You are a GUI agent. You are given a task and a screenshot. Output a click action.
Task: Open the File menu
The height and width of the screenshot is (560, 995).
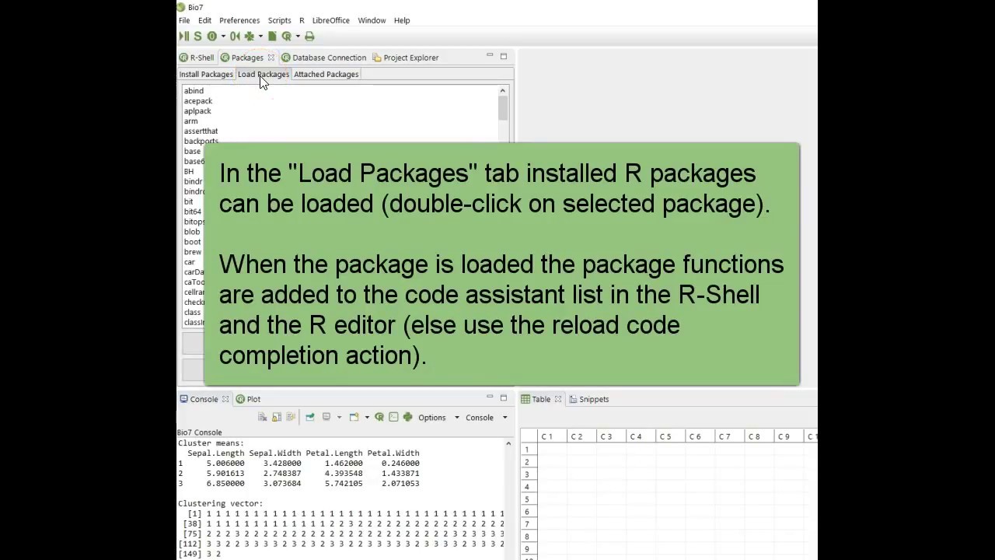tap(184, 20)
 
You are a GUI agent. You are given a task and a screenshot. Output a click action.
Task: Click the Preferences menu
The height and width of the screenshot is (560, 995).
tap(239, 20)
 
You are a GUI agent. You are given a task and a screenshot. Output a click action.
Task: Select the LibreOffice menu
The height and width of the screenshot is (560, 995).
tap(330, 20)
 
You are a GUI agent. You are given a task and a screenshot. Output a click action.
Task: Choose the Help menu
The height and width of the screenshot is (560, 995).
tap(402, 20)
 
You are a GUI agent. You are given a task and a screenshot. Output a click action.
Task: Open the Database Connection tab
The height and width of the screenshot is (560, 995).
tap(329, 58)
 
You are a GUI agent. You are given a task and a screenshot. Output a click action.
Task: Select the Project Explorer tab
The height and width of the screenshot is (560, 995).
tap(410, 58)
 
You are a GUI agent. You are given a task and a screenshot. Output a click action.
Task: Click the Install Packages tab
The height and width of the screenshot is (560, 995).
tap(206, 75)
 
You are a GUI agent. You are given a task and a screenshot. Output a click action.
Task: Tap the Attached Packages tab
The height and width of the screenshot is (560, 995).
tap(326, 75)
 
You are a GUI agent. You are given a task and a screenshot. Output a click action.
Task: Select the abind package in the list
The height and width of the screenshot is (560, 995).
tap(194, 91)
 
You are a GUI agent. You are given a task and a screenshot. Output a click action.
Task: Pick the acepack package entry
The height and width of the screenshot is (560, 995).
tap(198, 101)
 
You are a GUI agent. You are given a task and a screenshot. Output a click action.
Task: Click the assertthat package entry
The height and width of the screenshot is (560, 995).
tap(201, 131)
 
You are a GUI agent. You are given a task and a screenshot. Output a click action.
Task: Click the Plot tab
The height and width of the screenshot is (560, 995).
tap(253, 399)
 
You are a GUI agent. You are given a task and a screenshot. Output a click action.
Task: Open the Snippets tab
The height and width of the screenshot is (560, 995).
tap(593, 399)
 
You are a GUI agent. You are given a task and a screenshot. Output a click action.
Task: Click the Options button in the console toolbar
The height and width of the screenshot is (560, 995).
tap(432, 418)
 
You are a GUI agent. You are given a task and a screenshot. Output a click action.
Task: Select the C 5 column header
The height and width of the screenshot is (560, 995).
tap(665, 436)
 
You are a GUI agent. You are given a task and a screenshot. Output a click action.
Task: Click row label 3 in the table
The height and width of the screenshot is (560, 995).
tap(526, 474)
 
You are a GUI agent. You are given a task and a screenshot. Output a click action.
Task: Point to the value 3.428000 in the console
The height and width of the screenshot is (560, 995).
tap(282, 463)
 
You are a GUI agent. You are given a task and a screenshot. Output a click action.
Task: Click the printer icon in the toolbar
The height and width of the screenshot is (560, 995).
tap(309, 37)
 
